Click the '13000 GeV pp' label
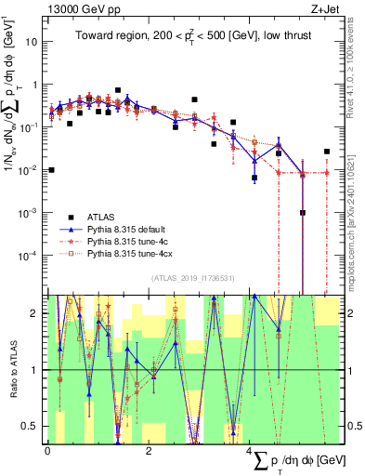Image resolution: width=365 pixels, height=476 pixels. [x=79, y=8]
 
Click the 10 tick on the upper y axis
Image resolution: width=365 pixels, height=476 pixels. [x=34, y=42]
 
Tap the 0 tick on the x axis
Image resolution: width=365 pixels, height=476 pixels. [x=47, y=451]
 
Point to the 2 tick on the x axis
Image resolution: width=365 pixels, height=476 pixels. [x=149, y=451]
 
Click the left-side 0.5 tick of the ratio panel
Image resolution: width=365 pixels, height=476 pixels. [x=35, y=426]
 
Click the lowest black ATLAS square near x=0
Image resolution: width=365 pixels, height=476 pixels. [x=51, y=170]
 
